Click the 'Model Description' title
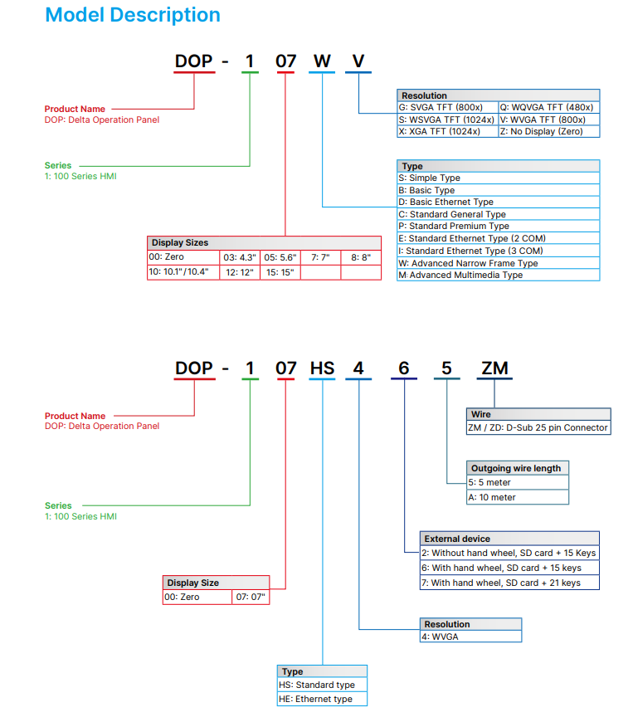(x=133, y=15)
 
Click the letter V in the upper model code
(x=358, y=61)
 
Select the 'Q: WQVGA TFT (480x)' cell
(x=548, y=107)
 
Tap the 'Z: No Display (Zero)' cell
(x=548, y=132)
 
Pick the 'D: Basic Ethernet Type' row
(x=498, y=202)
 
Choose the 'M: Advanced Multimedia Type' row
(x=498, y=275)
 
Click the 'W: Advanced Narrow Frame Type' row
(x=498, y=263)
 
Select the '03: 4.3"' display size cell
(x=240, y=257)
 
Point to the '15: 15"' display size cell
(x=280, y=272)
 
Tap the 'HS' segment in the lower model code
(x=322, y=368)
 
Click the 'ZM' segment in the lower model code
(x=494, y=368)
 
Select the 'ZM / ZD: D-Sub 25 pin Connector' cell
(x=538, y=427)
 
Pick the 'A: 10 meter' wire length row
(x=518, y=497)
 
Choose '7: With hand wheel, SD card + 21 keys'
(x=509, y=583)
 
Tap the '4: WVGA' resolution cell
(x=470, y=637)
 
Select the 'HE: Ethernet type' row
(x=322, y=700)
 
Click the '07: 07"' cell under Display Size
(x=251, y=597)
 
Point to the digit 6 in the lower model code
(x=403, y=368)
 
